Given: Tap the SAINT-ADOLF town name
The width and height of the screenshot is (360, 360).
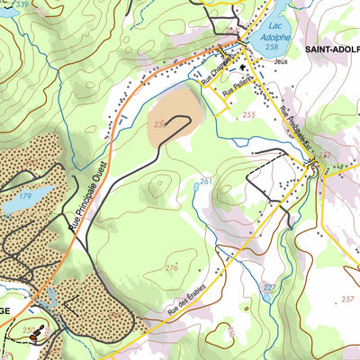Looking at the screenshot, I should point(331,49).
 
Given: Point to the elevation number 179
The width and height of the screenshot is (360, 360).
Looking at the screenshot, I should point(25,195).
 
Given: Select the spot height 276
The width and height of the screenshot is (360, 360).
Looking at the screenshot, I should point(172,268).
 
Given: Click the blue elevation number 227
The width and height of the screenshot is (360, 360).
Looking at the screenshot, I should point(269,287).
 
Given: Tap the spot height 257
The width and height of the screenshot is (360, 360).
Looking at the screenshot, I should point(346,299).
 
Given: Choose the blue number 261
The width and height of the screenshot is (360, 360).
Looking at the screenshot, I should point(206,182).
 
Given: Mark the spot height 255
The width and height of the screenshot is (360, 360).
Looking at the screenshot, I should point(248,115).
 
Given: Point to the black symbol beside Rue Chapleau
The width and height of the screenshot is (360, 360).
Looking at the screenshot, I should point(242,65).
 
